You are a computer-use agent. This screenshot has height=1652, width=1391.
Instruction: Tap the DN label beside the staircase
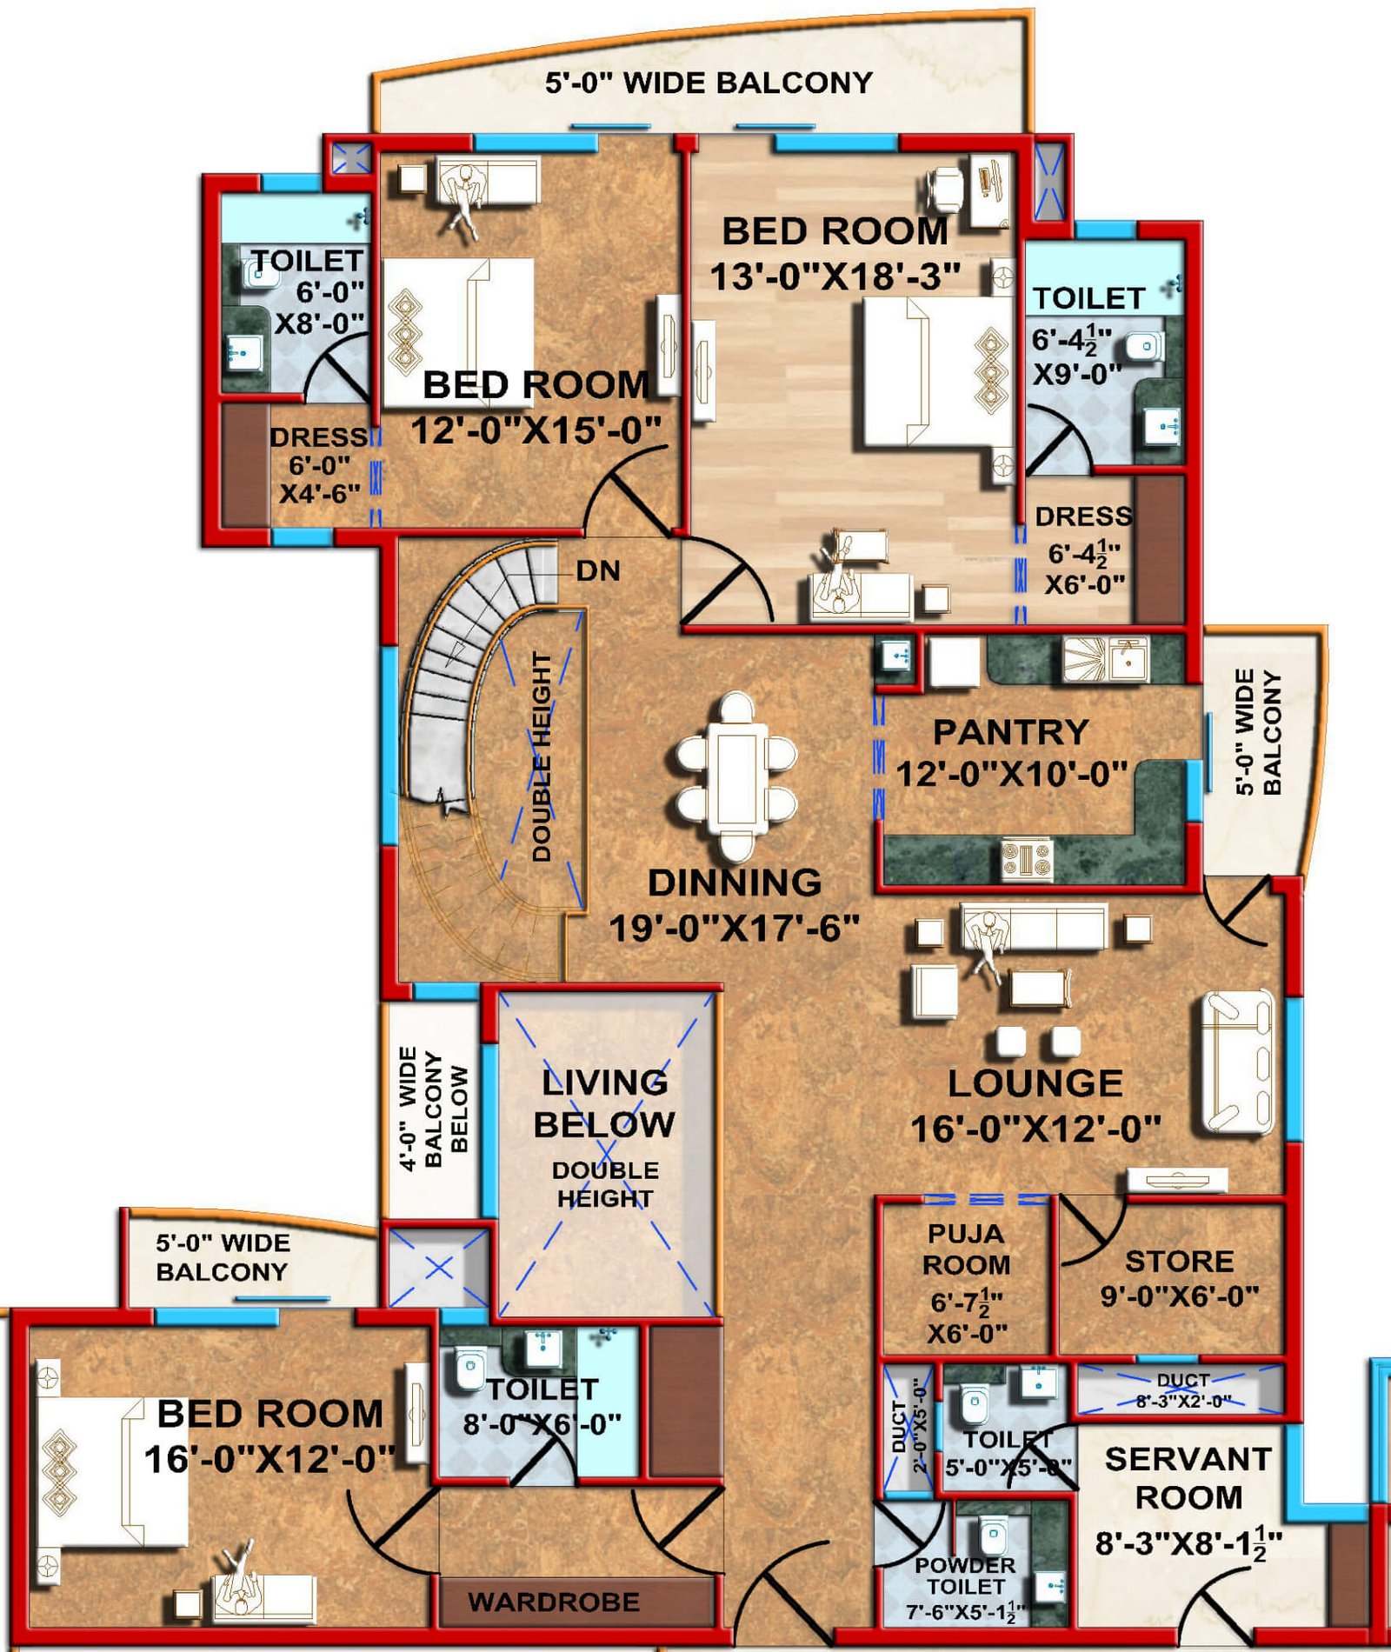(598, 571)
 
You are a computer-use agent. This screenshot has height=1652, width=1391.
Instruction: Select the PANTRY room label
(1010, 732)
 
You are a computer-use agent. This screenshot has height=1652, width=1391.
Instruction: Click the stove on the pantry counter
(1027, 859)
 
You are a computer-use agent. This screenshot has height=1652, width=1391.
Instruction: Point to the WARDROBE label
(554, 1602)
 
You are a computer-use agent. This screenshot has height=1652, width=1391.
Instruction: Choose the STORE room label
(1179, 1261)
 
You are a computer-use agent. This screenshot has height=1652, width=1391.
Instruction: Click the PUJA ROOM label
(966, 1249)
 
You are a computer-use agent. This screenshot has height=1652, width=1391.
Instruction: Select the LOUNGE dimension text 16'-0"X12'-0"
(1035, 1129)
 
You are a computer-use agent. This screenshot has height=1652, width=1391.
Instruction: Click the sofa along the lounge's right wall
(1238, 1063)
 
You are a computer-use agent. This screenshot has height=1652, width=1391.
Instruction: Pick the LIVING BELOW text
(604, 1103)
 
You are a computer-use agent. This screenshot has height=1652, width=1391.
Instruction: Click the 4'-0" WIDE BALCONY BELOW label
(434, 1109)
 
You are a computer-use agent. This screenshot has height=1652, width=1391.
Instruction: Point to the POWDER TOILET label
(965, 1575)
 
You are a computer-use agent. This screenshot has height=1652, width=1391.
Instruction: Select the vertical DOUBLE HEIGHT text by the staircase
(542, 756)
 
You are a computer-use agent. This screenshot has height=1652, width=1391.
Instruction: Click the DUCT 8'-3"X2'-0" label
(1183, 1390)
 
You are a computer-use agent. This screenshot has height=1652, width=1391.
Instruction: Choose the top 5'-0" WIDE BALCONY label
(709, 83)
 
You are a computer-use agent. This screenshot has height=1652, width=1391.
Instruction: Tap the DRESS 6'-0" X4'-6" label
(318, 465)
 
